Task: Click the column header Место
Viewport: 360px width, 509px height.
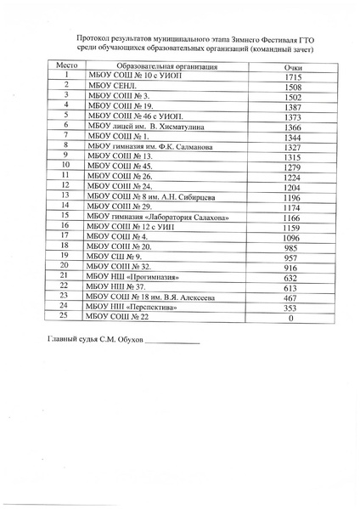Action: click(65, 65)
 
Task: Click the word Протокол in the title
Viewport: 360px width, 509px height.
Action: click(93, 39)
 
